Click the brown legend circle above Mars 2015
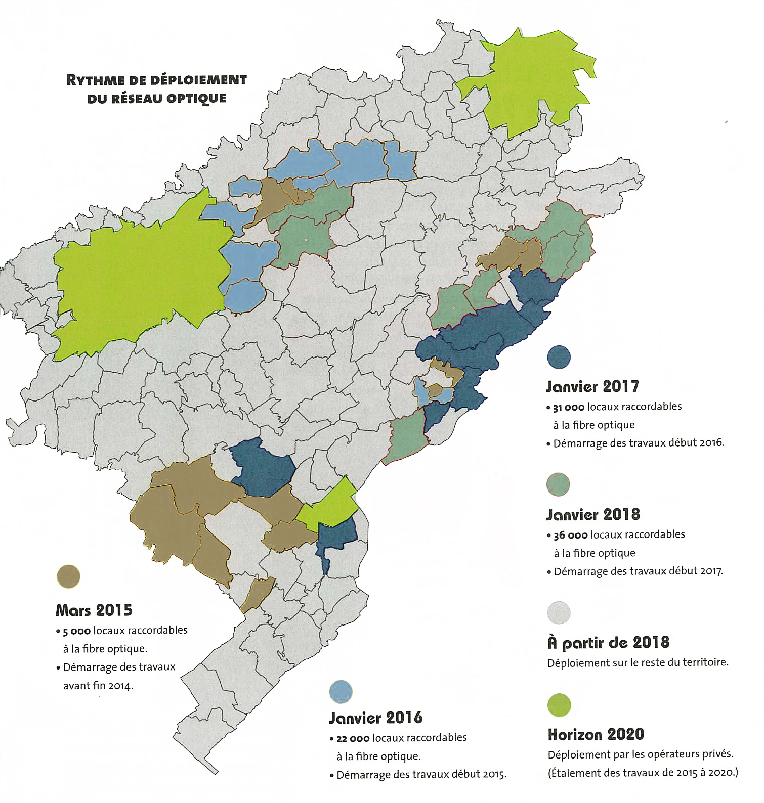68,576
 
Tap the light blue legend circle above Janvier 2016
341,691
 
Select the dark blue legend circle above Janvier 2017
559,357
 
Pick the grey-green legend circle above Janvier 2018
559,485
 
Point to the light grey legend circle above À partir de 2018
559,612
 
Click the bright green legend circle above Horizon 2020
559,705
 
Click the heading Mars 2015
94,610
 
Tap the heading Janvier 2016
375,718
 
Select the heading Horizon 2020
596,734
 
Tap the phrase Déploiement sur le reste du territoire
638,662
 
